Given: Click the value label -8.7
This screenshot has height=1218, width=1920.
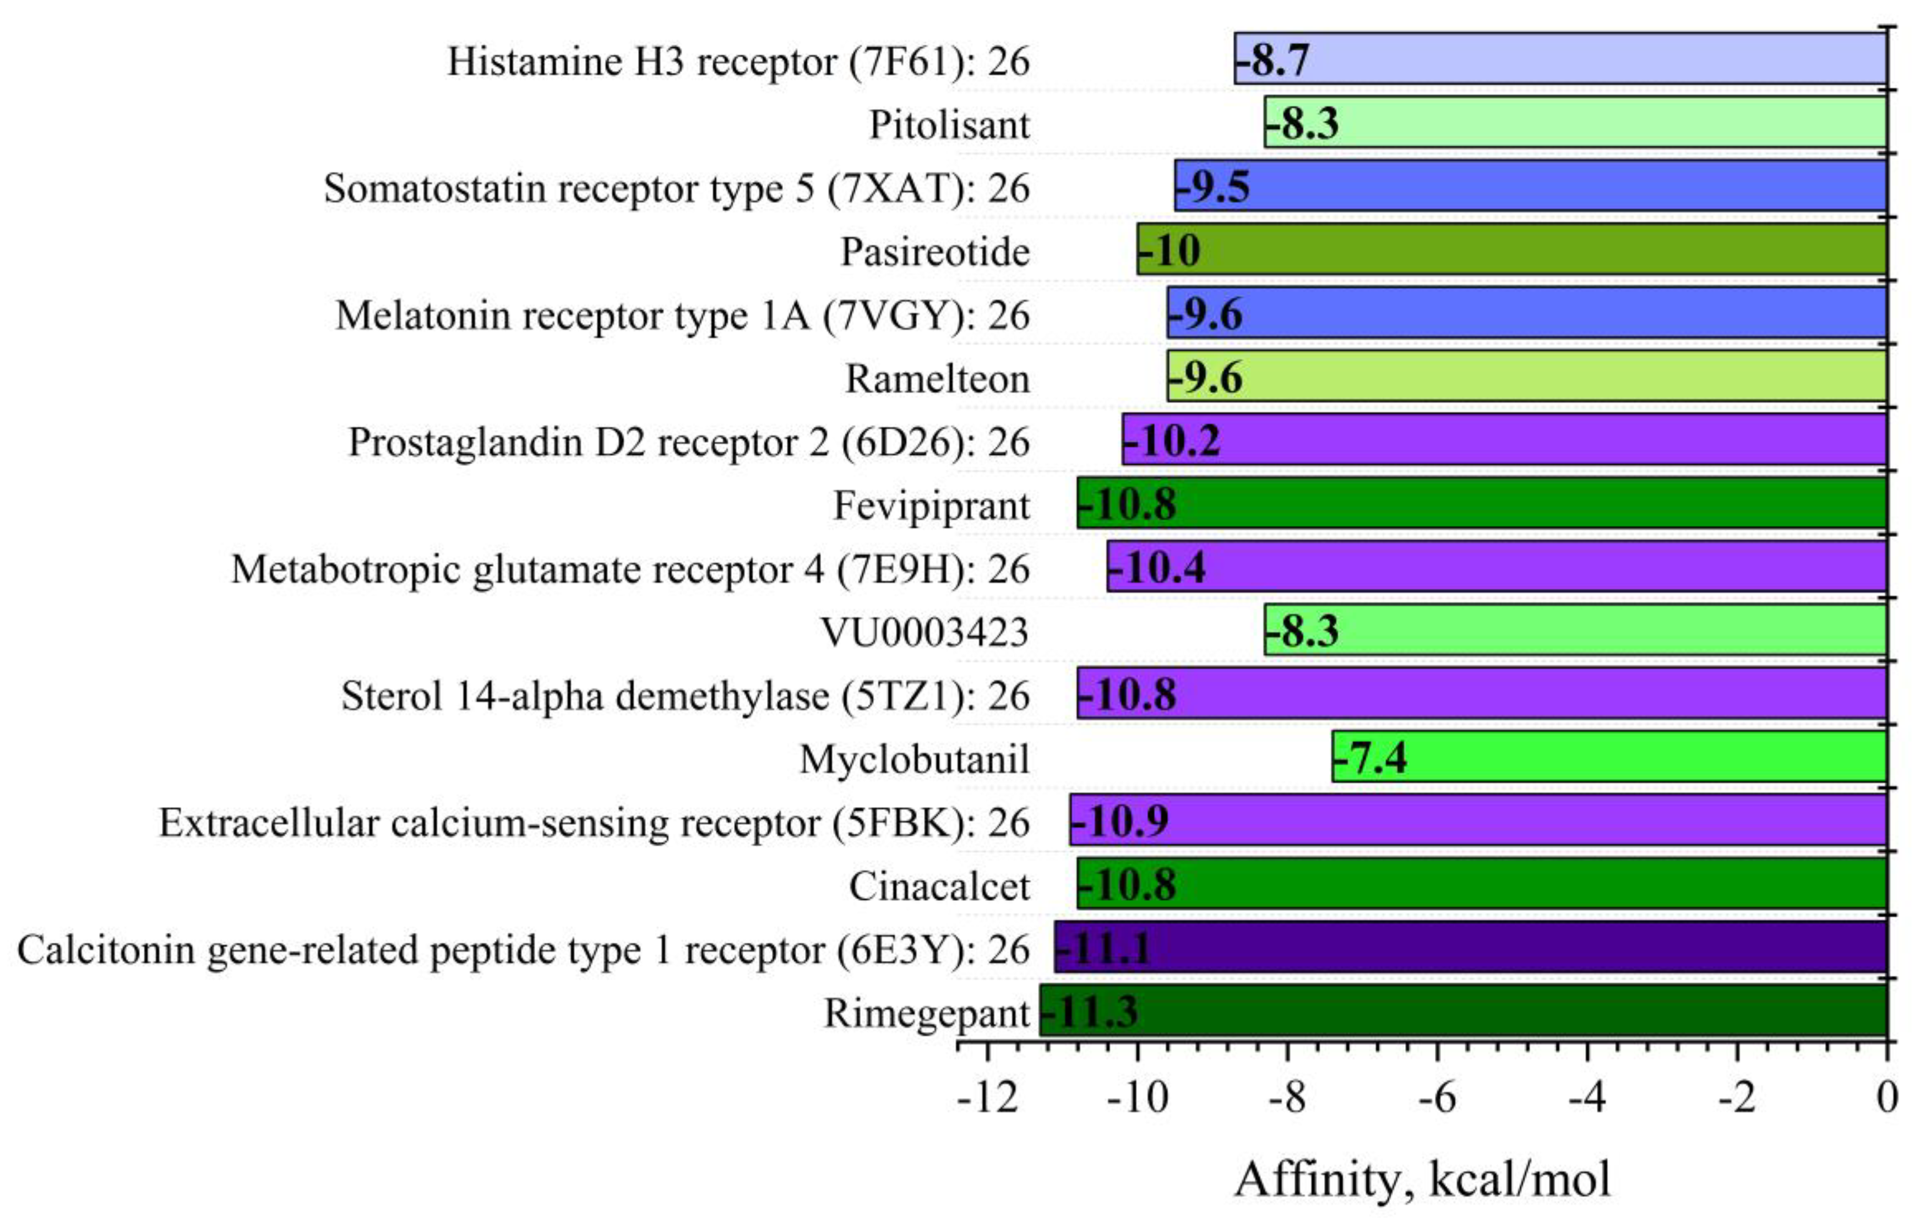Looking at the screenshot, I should (x=1274, y=60).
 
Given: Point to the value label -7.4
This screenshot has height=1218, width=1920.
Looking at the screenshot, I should (x=1372, y=757).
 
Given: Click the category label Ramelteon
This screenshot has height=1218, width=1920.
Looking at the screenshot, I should (x=937, y=379).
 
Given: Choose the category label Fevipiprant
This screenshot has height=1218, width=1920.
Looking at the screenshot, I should (x=931, y=505).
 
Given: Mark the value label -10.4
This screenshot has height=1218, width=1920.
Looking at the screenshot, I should (x=1158, y=568).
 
